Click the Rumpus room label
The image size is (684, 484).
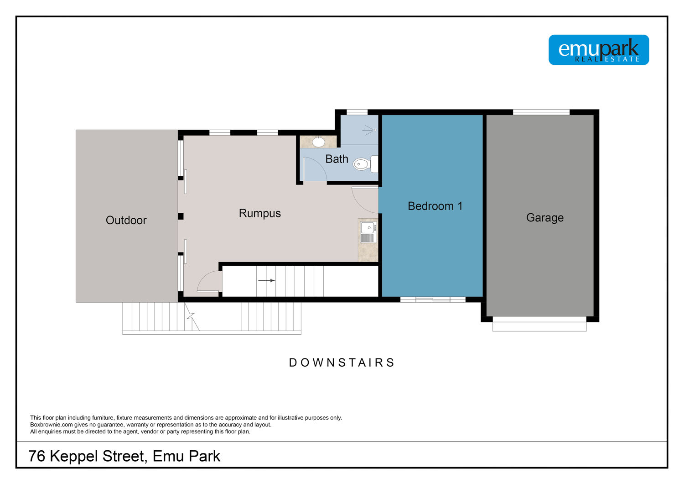pos(259,213)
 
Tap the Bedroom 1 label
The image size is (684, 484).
pos(435,206)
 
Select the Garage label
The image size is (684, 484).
pos(545,218)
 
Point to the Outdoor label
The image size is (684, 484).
pos(126,220)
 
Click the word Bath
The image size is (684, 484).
pos(337,159)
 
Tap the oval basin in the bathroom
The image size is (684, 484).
pos(318,142)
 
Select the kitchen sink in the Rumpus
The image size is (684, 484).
pos(368,233)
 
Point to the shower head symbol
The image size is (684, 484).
pos(369,130)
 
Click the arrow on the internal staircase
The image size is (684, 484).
pos(267,280)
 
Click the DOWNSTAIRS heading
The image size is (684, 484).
pos(342,363)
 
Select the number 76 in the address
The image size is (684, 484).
pos(36,456)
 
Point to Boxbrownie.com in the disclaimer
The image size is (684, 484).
pos(51,425)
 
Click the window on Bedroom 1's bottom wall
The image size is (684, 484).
pos(433,300)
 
